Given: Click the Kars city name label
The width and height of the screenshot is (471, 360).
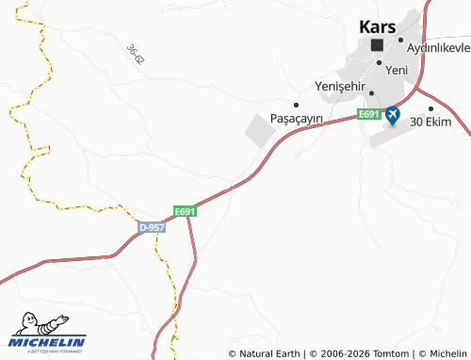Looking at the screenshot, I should pos(378,26).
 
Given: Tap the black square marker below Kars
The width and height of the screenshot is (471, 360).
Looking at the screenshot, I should pos(378,44).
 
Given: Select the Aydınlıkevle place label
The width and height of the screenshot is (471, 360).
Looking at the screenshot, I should pos(438,49).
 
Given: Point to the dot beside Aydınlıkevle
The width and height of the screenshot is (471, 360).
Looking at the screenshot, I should pos(400,40).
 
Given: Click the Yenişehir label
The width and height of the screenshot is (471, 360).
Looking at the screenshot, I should pos(338,87).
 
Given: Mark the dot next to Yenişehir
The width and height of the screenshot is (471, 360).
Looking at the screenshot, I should pos(371,92).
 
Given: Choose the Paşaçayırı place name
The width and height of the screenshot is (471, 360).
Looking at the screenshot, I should pos(297,118).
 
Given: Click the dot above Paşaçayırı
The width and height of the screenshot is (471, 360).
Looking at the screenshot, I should pos(296,105).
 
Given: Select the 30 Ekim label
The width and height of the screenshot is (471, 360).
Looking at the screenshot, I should pos(430,123).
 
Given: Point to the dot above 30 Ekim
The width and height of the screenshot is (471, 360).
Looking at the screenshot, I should pos(430,108).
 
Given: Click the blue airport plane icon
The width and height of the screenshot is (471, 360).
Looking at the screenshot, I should pos(392,115).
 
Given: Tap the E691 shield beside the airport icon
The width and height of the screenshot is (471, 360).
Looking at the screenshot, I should pos(368,115).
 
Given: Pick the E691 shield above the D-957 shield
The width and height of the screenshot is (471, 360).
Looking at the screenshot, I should pos(185,212).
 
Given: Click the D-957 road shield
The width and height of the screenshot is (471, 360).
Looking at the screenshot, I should pos(152,228).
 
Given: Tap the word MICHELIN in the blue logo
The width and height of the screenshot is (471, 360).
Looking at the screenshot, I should pos(47,341).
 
